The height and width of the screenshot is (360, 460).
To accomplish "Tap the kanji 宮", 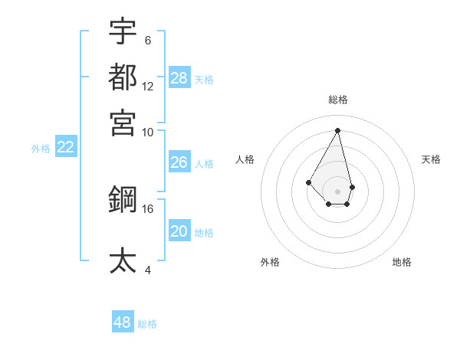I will pos(123,121).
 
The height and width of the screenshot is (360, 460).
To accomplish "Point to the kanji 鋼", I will pos(123,199).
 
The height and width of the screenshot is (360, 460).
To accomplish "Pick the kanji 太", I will pos(123,260).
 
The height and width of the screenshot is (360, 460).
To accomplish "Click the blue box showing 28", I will pos(179,78).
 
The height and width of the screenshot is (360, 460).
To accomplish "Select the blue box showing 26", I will pos(179,162).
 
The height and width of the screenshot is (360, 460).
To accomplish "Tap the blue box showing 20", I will pos(179,232).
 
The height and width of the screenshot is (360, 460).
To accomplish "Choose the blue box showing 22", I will pos(65,148).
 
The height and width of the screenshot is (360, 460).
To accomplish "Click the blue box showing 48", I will pos(123,322).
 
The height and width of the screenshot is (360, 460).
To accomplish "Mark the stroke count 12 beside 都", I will pos(148,86).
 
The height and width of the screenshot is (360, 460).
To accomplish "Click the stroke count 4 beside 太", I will pos(148,270).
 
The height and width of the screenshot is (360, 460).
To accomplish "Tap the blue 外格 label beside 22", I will pos(41,149).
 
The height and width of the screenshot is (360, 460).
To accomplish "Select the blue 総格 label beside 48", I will pos(147,324).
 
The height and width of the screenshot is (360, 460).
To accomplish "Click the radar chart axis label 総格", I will pos(338,100).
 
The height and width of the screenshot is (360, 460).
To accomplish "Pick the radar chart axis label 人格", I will pos(245,159).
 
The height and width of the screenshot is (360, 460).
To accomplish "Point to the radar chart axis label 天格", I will pos(432,159).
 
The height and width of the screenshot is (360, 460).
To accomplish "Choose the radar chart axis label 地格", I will pos(402,262).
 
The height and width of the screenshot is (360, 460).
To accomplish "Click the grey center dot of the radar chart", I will pos(338,191).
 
